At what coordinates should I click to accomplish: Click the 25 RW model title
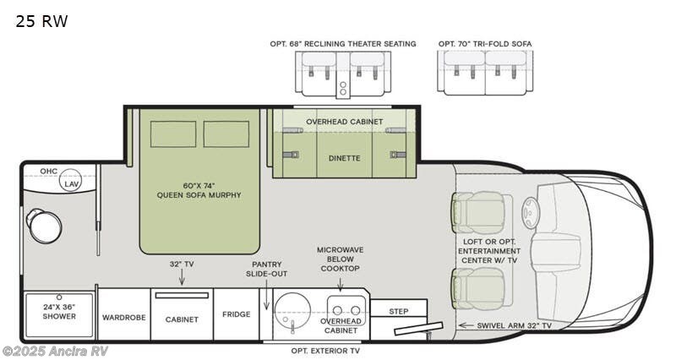point(41,22)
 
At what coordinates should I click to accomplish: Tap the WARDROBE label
point(124,318)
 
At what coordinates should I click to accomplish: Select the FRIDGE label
point(237,314)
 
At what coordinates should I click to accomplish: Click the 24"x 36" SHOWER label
point(59,312)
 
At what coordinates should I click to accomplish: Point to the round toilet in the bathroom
point(44,226)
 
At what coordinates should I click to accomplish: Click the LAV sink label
point(73,184)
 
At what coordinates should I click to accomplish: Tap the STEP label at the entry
point(399,311)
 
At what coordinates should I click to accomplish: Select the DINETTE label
point(344,157)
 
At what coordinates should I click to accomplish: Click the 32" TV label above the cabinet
point(182,265)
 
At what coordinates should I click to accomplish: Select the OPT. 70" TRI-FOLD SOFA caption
point(485,43)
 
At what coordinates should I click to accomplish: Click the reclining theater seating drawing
point(343,72)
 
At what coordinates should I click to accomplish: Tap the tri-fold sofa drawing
point(484,72)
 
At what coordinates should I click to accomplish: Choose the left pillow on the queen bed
point(174,134)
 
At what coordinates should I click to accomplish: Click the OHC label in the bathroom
point(50,172)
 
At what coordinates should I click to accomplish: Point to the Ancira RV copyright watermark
point(56,351)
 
